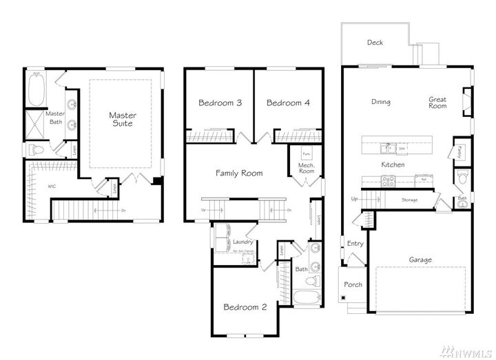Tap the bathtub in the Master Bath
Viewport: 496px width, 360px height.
(35, 89)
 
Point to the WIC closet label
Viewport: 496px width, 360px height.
(32, 187)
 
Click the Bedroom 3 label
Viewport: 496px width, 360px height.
(220, 103)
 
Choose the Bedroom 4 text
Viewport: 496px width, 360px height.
(288, 103)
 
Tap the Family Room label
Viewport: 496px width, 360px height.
(239, 173)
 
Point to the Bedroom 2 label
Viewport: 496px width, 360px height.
(245, 307)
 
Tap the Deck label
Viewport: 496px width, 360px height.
(375, 43)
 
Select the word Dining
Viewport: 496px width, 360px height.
(380, 102)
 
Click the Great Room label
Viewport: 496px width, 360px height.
(437, 103)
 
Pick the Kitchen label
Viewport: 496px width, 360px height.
(392, 165)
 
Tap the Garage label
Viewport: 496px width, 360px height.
(420, 260)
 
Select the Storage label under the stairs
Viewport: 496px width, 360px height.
(410, 200)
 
